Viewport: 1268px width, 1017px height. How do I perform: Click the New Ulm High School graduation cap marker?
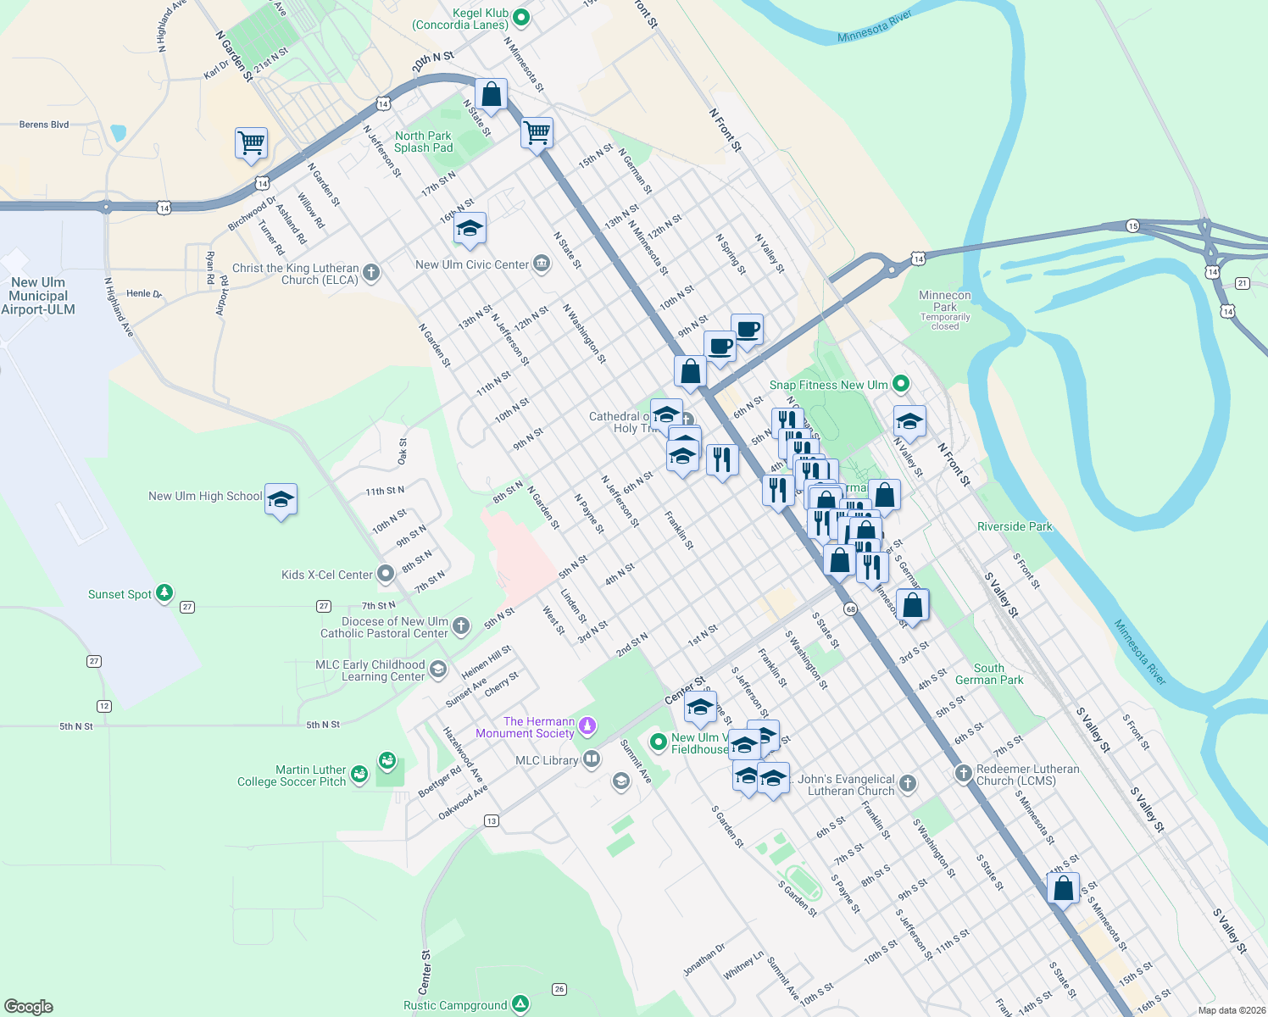point(281,500)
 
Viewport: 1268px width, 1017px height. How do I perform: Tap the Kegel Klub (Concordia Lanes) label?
point(460,19)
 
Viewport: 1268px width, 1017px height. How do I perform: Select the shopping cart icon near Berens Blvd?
point(251,143)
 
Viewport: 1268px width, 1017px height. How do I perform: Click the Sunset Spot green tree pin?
point(164,593)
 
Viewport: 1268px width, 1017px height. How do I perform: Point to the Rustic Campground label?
point(455,1005)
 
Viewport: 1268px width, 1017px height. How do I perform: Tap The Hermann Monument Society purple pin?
point(587,726)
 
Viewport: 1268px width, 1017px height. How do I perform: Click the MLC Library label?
point(547,760)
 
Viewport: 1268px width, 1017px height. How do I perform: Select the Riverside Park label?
point(1015,526)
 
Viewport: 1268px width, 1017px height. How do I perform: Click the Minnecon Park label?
point(945,301)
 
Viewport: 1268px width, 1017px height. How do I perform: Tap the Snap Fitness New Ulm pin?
point(901,384)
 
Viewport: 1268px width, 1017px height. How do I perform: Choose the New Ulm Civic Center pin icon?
point(542,264)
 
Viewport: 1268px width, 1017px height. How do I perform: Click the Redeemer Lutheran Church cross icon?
point(963,773)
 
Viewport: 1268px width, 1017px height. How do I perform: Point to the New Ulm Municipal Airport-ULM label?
point(38,296)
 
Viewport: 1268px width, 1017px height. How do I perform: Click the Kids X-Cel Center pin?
point(386,574)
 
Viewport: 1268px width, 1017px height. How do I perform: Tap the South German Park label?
point(989,674)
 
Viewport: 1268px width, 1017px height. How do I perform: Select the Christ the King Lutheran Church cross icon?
point(370,273)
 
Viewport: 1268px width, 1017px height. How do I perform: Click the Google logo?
point(28,1007)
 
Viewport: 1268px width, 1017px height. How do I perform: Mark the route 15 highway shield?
point(1133,225)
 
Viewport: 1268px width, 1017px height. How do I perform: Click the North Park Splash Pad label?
point(424,142)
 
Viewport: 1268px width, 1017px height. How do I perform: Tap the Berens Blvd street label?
point(44,125)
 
